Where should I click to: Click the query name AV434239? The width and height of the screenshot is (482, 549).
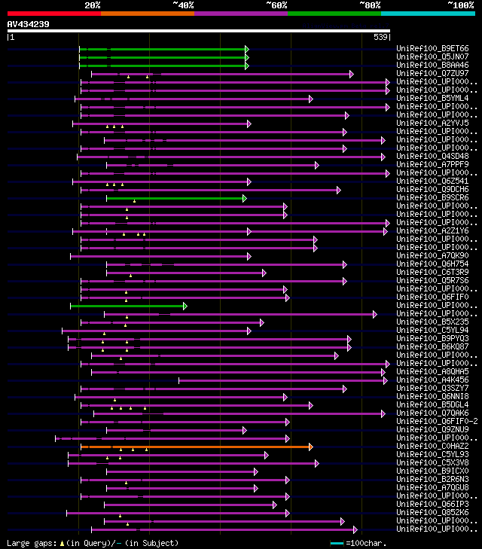coord(28,24)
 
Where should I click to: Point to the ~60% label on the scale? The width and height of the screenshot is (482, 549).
coord(276,5)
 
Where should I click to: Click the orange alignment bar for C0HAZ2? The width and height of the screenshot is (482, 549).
coord(196,447)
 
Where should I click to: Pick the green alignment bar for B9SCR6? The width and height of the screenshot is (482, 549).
coord(175,198)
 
